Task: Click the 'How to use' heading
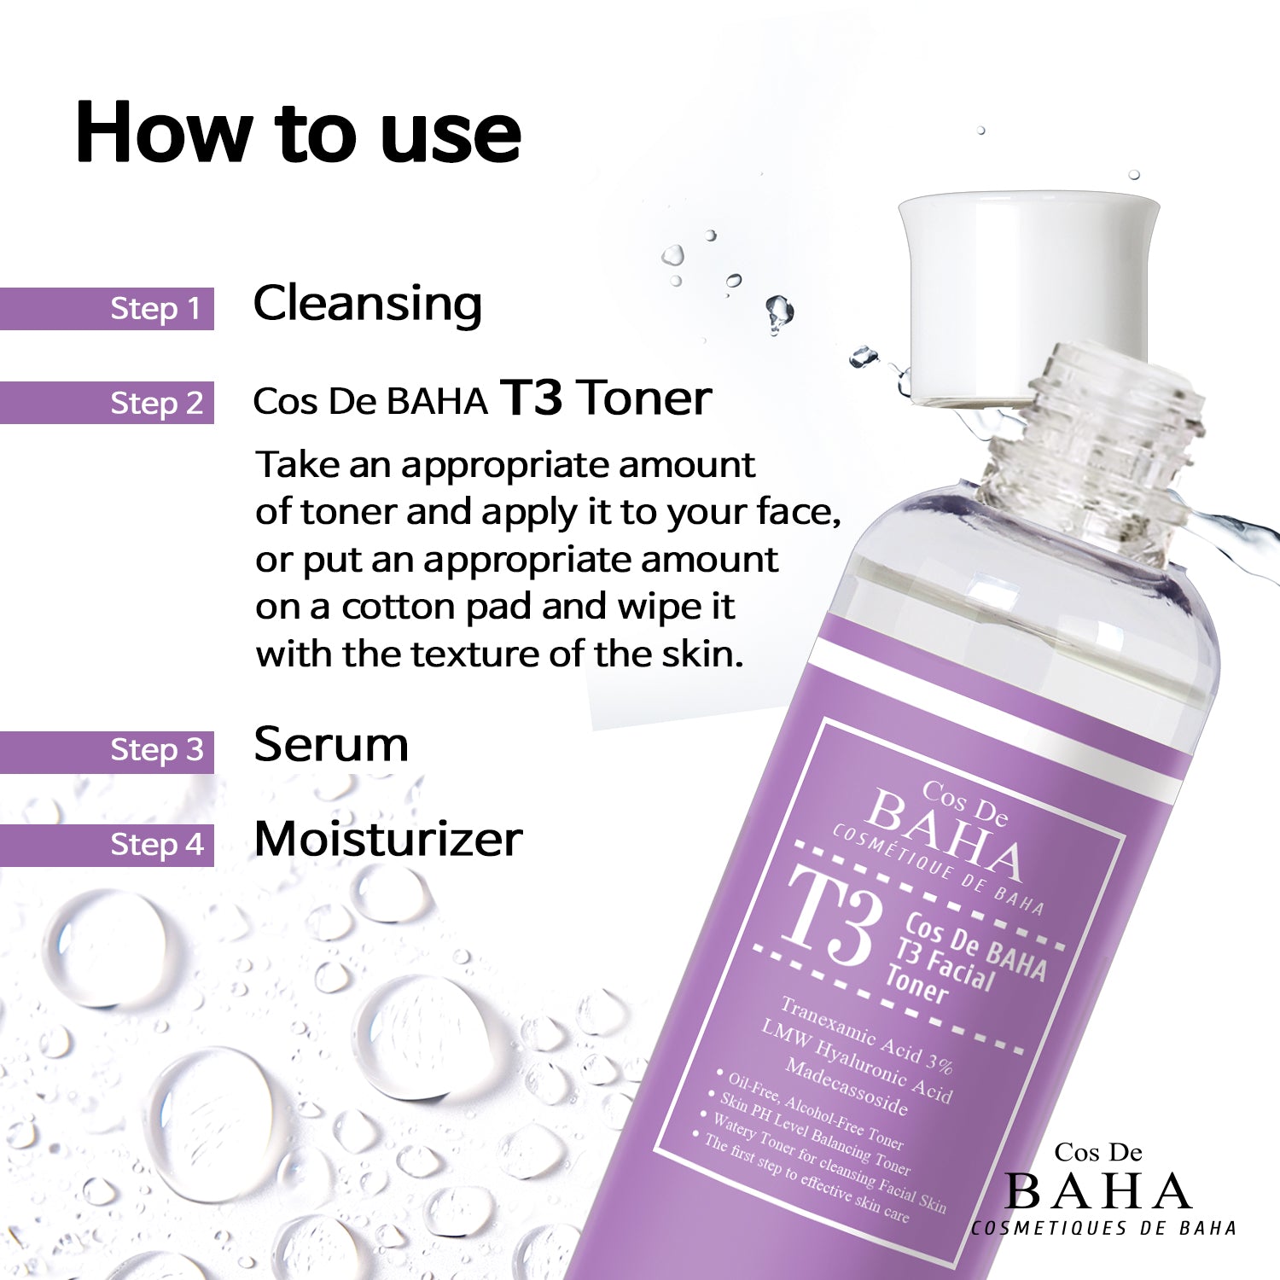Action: coord(298,133)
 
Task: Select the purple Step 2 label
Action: coord(156,403)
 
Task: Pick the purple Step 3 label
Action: coord(156,751)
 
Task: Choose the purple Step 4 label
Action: coord(156,845)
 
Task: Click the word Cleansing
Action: coord(367,304)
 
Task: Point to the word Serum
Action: coord(331,744)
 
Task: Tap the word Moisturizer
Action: coord(387,839)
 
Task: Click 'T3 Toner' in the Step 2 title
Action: coord(606,398)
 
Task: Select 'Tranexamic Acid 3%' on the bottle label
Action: coord(866,1034)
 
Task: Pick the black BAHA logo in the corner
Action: coord(1098,1191)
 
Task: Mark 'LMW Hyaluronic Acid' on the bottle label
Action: coord(856,1061)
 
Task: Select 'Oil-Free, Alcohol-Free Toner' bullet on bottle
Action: coord(815,1112)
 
